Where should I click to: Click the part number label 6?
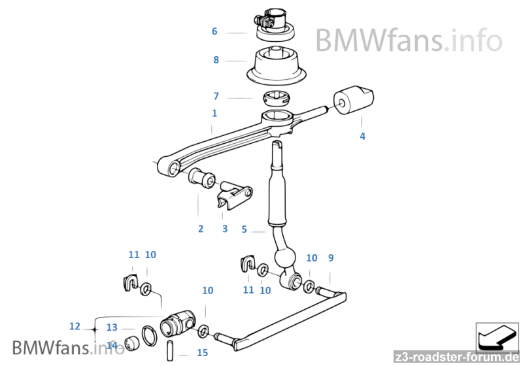tap(214, 31)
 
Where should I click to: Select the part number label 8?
tap(216, 60)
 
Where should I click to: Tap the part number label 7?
tap(216, 96)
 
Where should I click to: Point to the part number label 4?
tap(362, 137)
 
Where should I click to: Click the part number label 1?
tap(214, 113)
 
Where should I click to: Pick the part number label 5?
tap(244, 229)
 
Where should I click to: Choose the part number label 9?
tap(331, 258)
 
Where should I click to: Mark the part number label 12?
tap(74, 326)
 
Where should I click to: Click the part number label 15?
tap(202, 353)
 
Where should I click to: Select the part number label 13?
tap(112, 327)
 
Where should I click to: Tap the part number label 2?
tap(201, 229)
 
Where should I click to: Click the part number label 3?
tap(224, 229)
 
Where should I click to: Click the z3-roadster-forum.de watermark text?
tap(457, 357)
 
